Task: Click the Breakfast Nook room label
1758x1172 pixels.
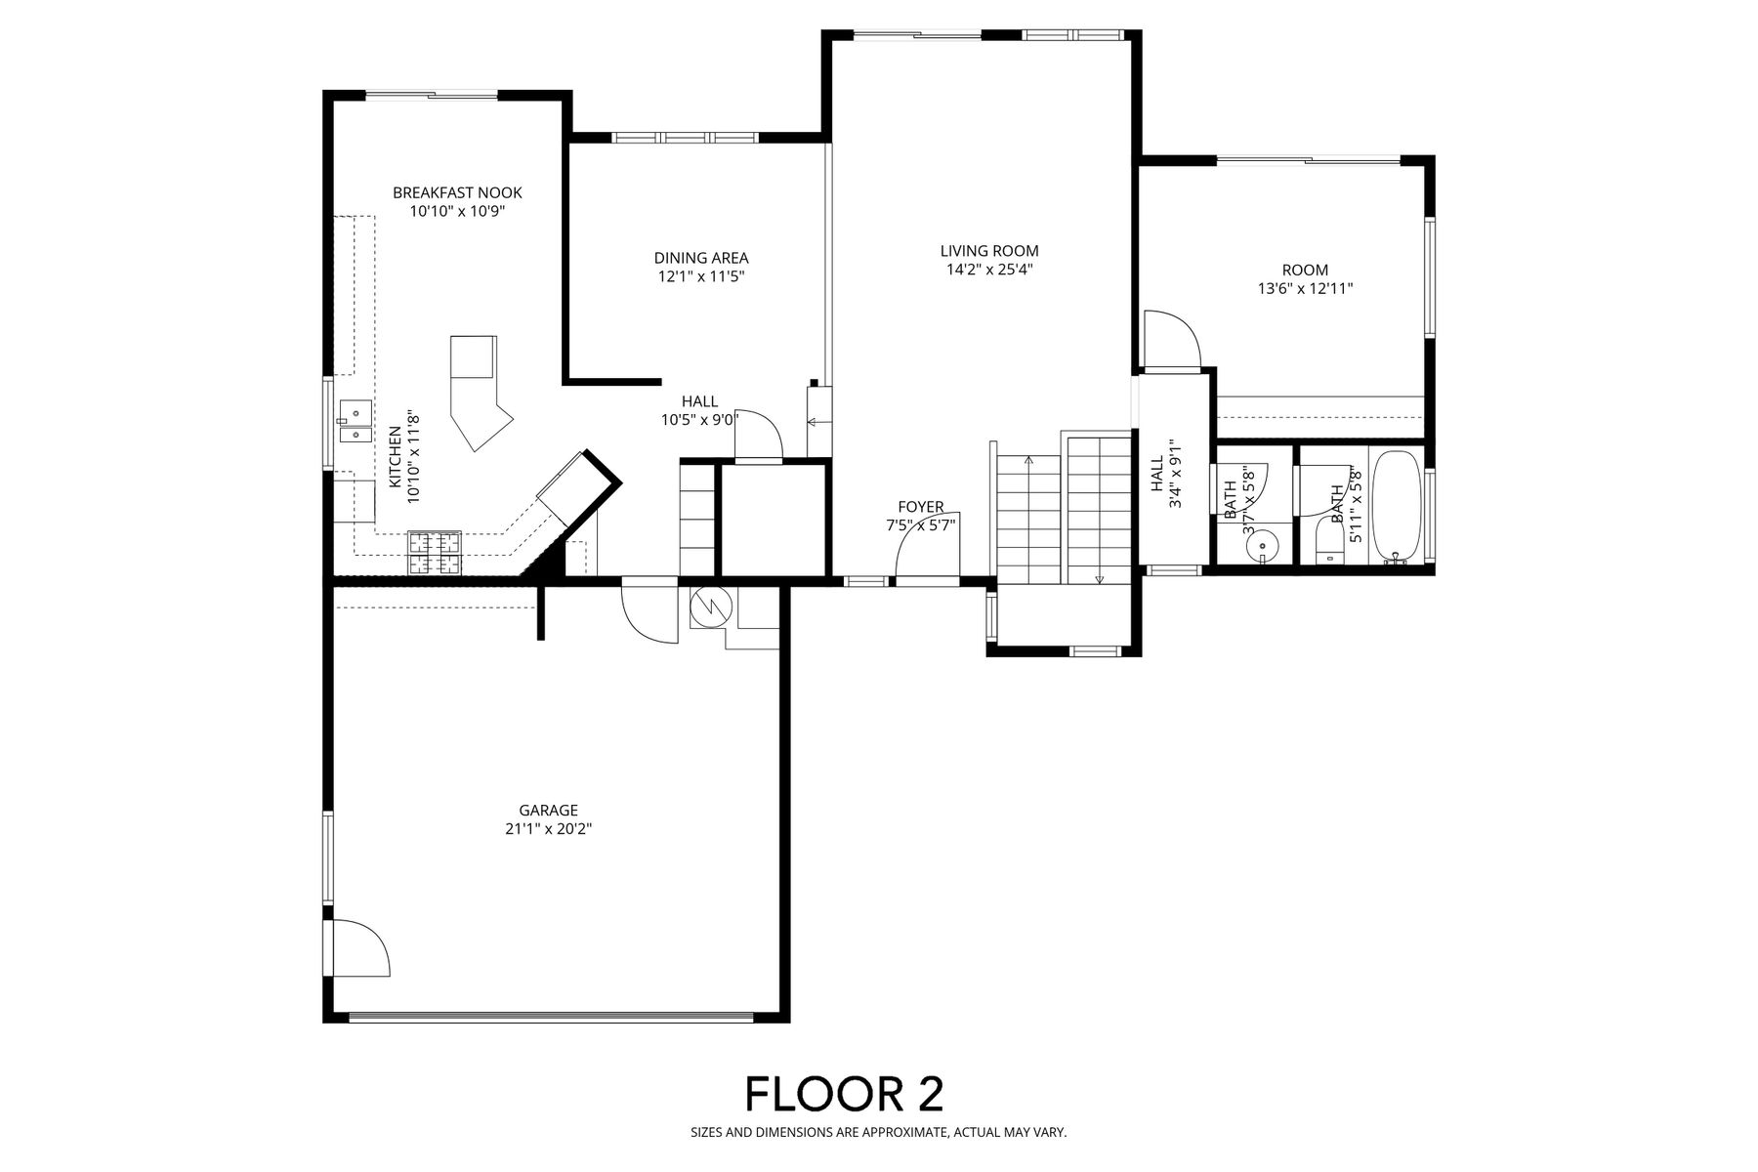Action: (457, 193)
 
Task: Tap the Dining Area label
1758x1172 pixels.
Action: (701, 259)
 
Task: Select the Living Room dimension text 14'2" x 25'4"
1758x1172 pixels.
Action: (989, 270)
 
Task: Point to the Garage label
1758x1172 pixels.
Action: (548, 811)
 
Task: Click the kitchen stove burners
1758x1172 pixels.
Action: (434, 552)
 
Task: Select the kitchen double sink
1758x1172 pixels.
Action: (356, 421)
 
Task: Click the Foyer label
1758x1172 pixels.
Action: (921, 507)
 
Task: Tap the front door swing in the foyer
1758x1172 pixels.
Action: (928, 544)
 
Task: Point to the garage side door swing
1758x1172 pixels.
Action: (359, 947)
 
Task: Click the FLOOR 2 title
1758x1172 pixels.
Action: (845, 1094)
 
